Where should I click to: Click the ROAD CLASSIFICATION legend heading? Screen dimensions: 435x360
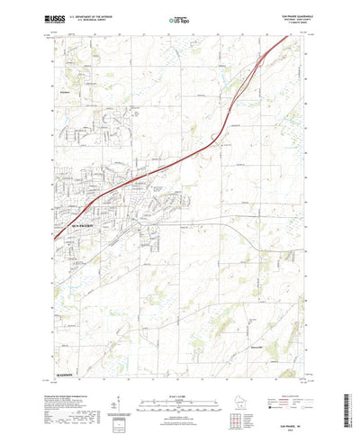pos(291,370)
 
